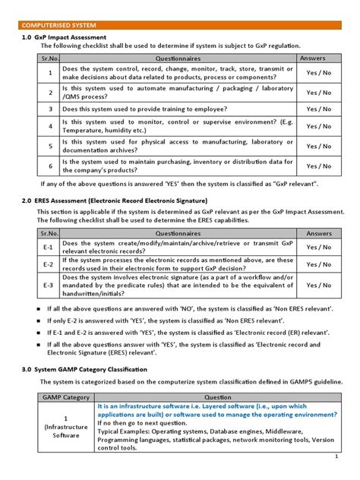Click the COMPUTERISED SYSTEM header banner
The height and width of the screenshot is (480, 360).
click(56, 24)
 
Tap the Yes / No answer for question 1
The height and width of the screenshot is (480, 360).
click(318, 74)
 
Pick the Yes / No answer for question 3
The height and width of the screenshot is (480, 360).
click(318, 109)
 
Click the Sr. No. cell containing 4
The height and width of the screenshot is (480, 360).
click(49, 126)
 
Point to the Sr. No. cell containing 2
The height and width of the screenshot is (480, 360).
click(49, 92)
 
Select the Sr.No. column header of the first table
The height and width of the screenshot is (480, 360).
click(49, 58)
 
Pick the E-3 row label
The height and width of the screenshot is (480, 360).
click(47, 286)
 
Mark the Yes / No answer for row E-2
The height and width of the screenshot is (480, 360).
click(318, 265)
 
